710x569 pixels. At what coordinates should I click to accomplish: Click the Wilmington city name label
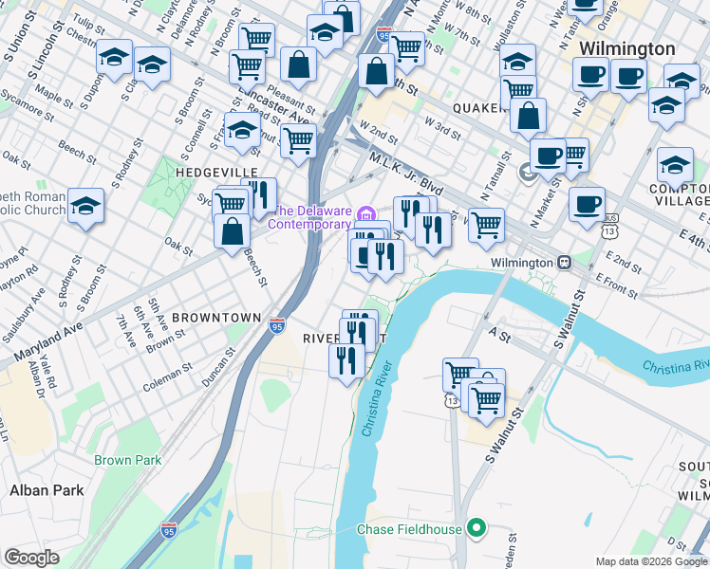[627, 48]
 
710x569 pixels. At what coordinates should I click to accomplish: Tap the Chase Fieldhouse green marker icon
[477, 529]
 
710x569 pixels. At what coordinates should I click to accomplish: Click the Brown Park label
[128, 460]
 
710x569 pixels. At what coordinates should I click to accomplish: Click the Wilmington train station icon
[563, 262]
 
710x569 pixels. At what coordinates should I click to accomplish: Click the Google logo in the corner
[31, 558]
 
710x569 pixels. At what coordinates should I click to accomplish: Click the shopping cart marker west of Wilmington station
[486, 225]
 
